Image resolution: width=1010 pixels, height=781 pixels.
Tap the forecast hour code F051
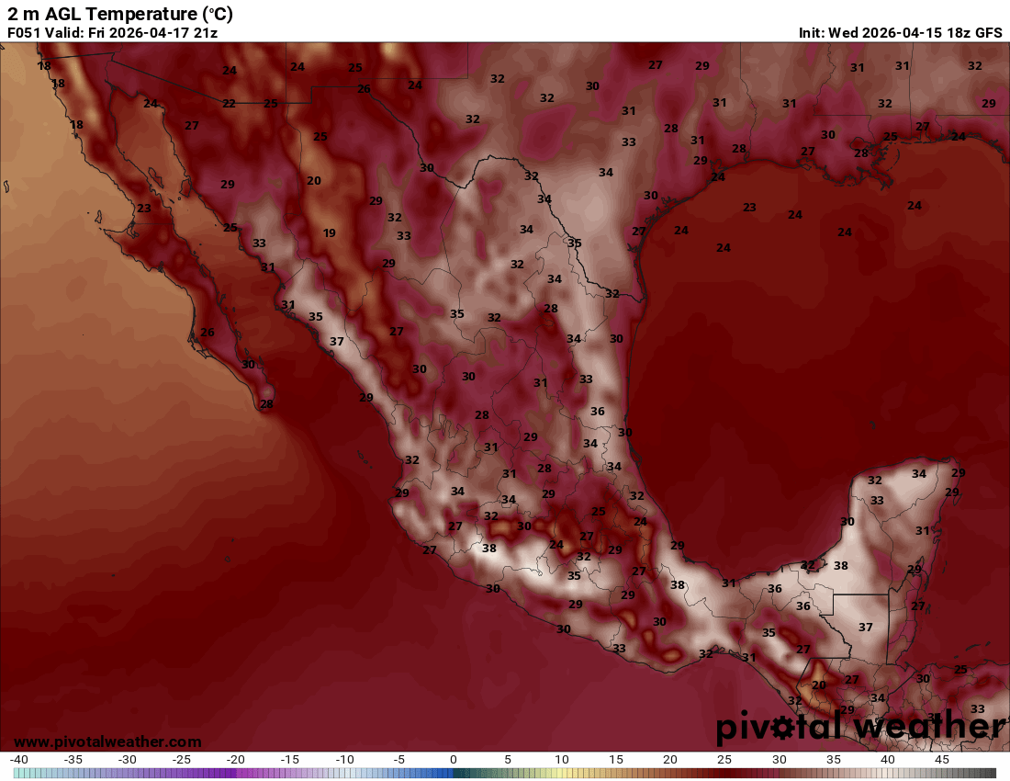26,33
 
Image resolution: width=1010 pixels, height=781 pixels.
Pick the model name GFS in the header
988,33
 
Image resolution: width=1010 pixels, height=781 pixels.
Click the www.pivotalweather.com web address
107,741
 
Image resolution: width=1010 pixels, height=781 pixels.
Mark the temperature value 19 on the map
330,232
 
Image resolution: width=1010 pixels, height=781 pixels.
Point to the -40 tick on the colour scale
19,760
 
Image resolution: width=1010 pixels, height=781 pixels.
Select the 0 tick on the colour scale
454,760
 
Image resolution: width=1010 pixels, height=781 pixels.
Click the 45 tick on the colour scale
941,760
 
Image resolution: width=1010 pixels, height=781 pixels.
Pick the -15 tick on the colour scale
290,760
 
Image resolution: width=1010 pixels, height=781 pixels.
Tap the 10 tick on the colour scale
562,760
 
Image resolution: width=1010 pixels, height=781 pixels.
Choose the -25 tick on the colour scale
182,760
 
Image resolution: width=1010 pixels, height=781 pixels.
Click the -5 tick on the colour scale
398,760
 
